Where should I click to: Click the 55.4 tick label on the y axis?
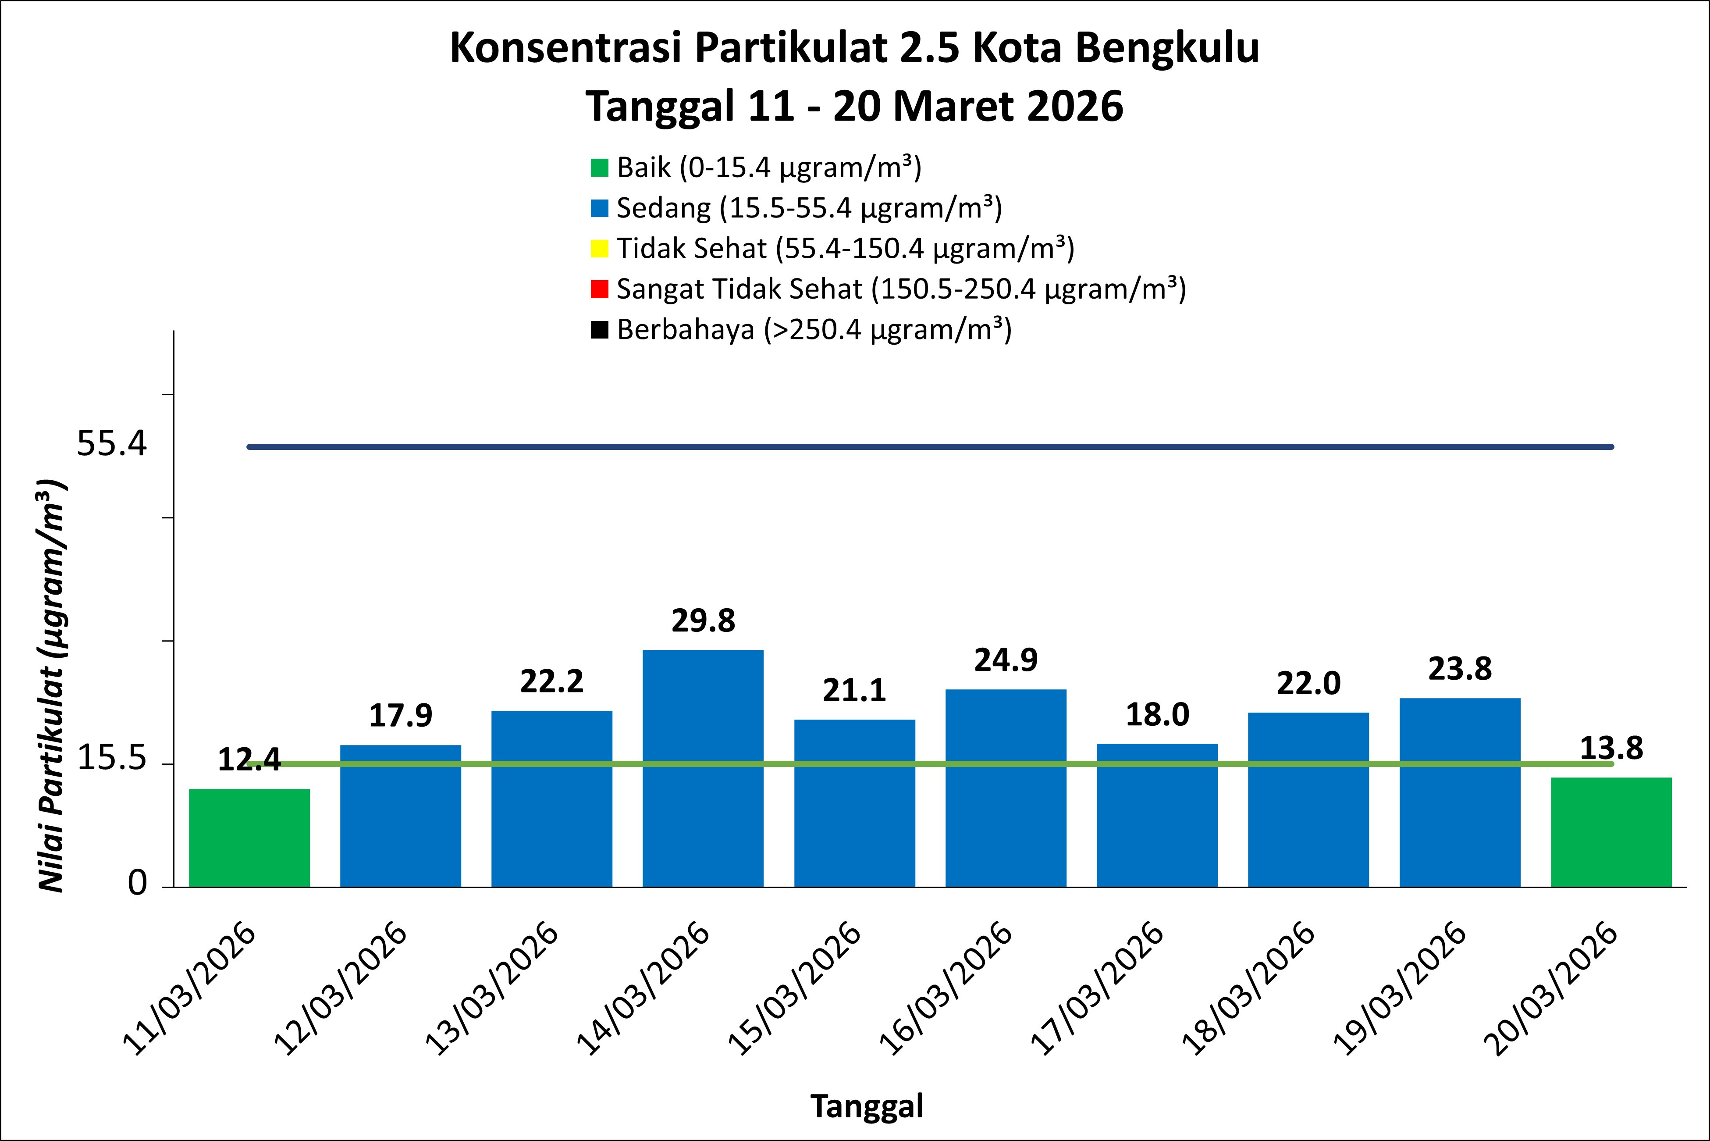pyautogui.click(x=112, y=443)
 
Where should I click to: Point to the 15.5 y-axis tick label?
pyautogui.click(x=112, y=759)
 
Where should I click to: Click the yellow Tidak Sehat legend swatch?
pyautogui.click(x=599, y=249)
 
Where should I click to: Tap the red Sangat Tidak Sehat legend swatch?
pyautogui.click(x=599, y=289)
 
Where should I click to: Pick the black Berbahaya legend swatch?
pyautogui.click(x=599, y=330)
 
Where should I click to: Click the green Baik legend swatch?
pyautogui.click(x=599, y=168)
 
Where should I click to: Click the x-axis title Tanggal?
pyautogui.click(x=867, y=1106)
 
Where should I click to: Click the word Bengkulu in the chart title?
pyautogui.click(x=1167, y=49)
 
